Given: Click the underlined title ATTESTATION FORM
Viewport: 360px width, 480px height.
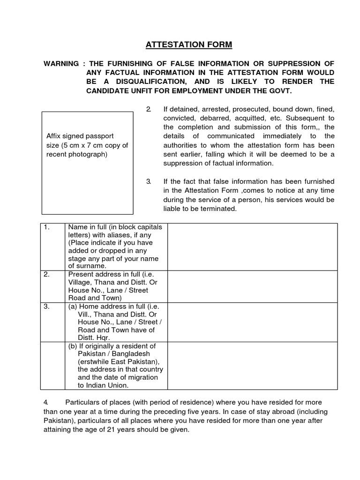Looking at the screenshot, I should coord(188,45).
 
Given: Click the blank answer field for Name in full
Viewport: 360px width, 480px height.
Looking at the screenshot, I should coord(252,247).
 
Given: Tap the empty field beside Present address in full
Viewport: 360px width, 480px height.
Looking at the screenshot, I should coord(252,286).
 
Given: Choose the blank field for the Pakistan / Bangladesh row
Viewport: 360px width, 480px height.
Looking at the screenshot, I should coord(252,366).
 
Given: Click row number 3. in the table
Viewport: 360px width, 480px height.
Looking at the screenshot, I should coord(47,306).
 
